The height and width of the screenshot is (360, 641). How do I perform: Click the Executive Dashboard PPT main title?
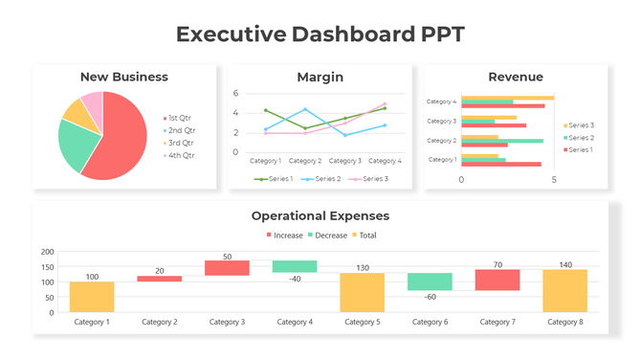tap(320, 34)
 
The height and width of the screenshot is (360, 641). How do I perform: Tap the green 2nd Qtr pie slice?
tap(77, 144)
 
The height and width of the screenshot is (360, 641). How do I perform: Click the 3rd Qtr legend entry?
tap(181, 143)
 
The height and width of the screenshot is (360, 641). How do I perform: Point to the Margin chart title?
tap(320, 77)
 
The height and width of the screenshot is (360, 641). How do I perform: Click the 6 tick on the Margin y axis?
tap(235, 94)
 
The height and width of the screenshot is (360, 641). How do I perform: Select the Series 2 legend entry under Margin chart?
tap(326, 179)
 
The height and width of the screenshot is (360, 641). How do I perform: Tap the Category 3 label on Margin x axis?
tap(345, 161)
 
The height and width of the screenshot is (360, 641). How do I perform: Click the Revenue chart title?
tap(515, 77)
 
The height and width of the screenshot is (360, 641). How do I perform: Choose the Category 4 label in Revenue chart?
tap(441, 101)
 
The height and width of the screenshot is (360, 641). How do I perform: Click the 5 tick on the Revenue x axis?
tap(554, 179)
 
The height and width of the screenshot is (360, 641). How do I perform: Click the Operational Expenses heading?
tap(320, 215)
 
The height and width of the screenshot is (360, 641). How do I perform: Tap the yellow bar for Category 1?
tap(92, 297)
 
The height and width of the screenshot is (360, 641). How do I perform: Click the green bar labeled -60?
tap(430, 281)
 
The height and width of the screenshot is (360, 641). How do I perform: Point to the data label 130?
tap(362, 268)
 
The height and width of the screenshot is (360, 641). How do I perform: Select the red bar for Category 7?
tap(497, 280)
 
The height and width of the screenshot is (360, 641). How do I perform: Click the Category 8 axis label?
tap(564, 322)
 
